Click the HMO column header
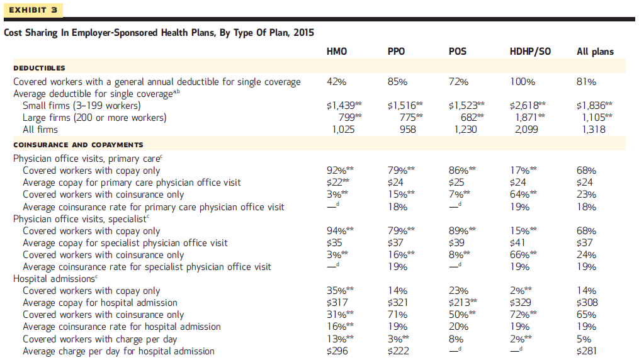click(x=337, y=52)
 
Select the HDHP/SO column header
click(x=529, y=52)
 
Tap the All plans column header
click(x=595, y=52)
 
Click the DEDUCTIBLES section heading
click(x=39, y=68)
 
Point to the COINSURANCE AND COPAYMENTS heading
click(x=78, y=145)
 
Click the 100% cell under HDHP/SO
click(x=522, y=82)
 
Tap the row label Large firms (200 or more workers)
click(x=94, y=118)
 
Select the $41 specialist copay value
click(x=518, y=243)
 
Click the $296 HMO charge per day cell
click(x=337, y=351)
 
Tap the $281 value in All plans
click(x=587, y=351)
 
